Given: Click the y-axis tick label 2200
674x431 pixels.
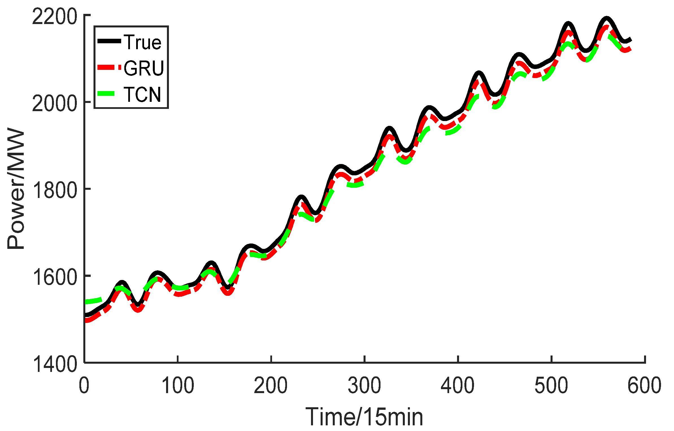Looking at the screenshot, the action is [54, 16].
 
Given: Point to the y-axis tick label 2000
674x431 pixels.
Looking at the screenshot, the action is [54, 104].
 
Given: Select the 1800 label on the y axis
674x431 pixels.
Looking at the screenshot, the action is [54, 190].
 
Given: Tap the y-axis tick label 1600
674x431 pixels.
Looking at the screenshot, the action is [54, 277].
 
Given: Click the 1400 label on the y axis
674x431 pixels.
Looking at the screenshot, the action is [54, 364].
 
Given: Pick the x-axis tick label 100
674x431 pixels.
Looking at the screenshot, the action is [177, 385].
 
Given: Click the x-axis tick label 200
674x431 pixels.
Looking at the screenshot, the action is [271, 385].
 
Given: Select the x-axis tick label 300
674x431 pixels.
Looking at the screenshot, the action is [364, 385].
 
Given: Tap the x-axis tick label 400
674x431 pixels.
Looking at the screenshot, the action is [458, 385].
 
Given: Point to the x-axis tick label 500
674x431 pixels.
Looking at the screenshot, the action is [551, 385].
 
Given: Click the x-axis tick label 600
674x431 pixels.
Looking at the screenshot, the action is [644, 385].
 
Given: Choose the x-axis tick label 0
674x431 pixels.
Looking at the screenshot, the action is [84, 385].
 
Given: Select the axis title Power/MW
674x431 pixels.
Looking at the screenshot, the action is [16, 189].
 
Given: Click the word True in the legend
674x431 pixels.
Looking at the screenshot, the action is [142, 42].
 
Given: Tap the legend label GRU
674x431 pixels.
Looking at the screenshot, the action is [144, 68].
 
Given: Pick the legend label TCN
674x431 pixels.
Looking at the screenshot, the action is [142, 94].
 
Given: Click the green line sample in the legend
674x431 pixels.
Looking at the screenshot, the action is [106, 94].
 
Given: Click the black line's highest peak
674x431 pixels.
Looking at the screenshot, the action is [606, 19].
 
